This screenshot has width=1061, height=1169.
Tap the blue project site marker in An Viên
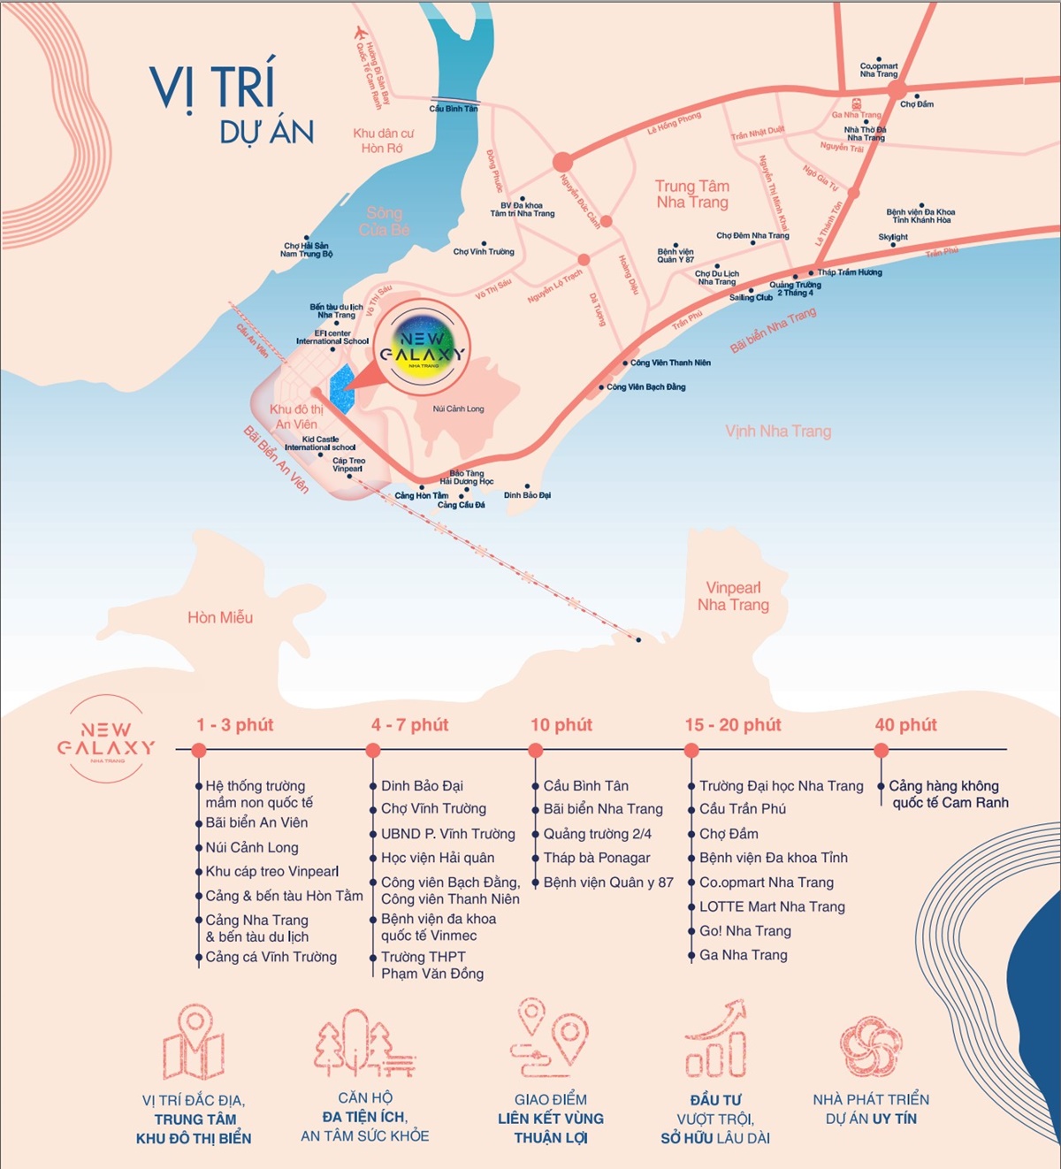point(341,389)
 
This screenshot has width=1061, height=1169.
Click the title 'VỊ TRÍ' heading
point(213,87)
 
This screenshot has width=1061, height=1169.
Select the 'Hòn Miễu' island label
point(220,617)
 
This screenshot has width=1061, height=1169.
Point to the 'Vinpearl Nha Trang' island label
point(733,596)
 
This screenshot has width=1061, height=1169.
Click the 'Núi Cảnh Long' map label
point(458,409)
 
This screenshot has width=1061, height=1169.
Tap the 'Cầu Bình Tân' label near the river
point(453,109)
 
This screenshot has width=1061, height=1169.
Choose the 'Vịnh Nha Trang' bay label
point(778,432)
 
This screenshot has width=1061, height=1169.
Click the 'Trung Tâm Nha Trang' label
point(691,194)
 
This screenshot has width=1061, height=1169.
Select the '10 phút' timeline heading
point(561,725)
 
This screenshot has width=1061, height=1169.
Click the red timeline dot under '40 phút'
point(881,751)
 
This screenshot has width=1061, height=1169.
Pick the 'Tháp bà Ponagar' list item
point(596,858)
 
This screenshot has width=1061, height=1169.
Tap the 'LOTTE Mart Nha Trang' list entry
point(772,906)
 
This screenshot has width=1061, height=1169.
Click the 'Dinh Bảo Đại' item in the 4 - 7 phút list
point(422,785)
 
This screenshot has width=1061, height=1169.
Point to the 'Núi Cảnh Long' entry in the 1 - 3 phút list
point(252,847)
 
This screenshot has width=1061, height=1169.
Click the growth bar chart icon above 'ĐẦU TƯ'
point(717,1041)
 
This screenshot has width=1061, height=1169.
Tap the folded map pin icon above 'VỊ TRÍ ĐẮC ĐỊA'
point(194,1043)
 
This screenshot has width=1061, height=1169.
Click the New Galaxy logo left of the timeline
point(106,739)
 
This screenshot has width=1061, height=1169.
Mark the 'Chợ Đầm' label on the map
point(917,104)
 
